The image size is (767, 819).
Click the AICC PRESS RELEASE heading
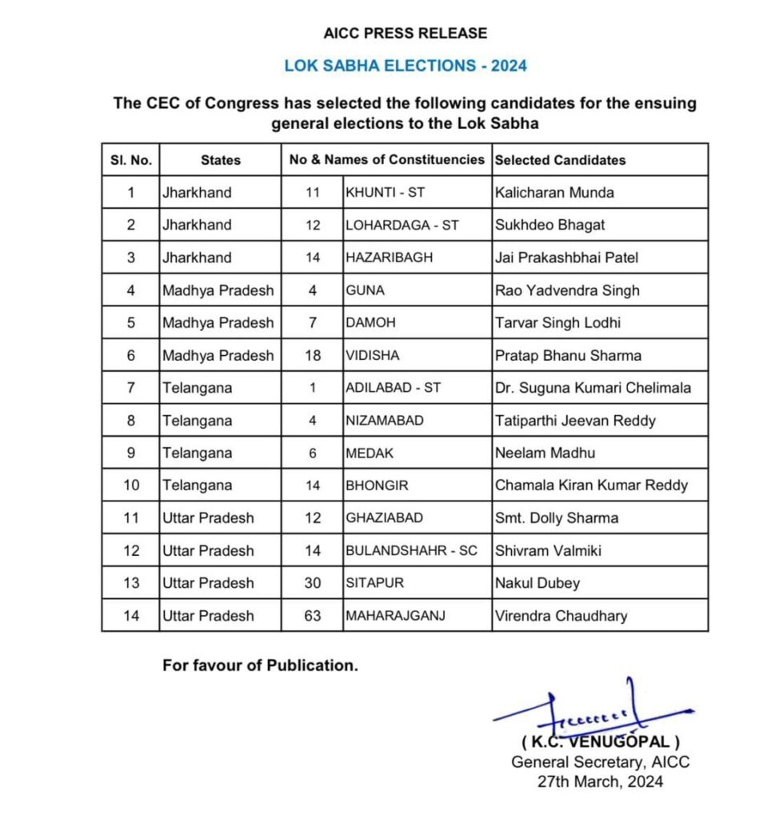coord(405,34)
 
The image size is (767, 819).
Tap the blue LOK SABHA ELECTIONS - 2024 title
coord(405,66)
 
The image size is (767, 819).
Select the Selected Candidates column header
coord(560,160)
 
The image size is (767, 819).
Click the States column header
coord(220,160)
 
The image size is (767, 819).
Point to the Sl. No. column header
coord(130,160)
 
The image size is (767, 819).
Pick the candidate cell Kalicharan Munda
coord(554,193)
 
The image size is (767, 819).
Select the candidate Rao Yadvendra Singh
coord(567,290)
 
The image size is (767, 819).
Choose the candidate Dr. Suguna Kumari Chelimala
coord(593,388)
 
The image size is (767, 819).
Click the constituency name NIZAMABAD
coord(384,421)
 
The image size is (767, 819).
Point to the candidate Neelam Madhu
coord(545,453)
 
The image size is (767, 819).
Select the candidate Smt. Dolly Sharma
coord(557,518)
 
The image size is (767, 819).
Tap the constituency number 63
coord(312,616)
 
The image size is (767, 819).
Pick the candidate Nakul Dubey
coord(537,583)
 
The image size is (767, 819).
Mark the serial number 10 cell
coord(130,485)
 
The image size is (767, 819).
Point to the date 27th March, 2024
coord(600,781)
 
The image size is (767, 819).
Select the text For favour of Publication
coord(260,665)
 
